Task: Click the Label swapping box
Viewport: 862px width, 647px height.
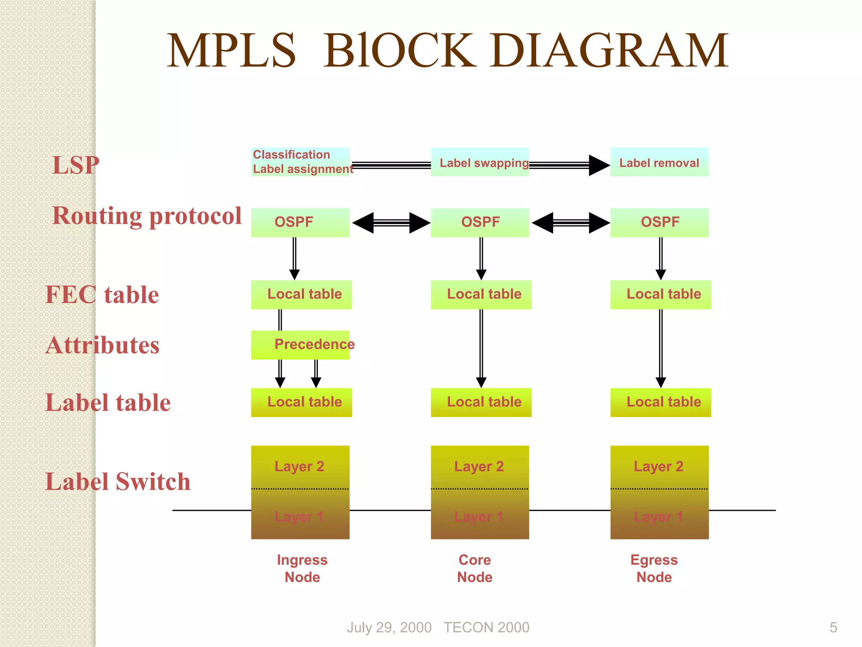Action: click(480, 162)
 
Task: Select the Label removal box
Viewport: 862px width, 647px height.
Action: click(659, 162)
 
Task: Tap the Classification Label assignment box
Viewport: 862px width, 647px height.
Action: click(300, 162)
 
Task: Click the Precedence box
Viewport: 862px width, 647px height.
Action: click(300, 345)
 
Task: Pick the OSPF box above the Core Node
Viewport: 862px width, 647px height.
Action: click(480, 222)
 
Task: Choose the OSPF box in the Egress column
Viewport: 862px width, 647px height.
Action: click(659, 222)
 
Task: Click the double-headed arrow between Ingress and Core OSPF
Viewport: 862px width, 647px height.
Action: click(391, 222)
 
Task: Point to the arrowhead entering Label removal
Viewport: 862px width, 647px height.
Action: click(599, 165)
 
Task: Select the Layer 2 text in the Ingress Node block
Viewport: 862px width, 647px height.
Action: click(299, 466)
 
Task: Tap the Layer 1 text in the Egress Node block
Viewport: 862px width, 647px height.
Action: click(658, 516)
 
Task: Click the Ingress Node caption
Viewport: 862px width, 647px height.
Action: click(302, 568)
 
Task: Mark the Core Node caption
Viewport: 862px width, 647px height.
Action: click(475, 568)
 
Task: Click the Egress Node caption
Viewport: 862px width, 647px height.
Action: click(654, 568)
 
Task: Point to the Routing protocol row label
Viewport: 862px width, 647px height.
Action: click(147, 216)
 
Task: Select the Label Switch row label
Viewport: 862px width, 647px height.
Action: click(118, 481)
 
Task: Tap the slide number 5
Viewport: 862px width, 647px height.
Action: click(833, 627)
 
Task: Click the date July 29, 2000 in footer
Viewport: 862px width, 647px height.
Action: click(389, 627)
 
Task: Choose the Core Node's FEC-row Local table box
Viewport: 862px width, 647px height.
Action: click(481, 294)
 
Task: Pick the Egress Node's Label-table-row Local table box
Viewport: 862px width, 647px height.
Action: click(660, 402)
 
